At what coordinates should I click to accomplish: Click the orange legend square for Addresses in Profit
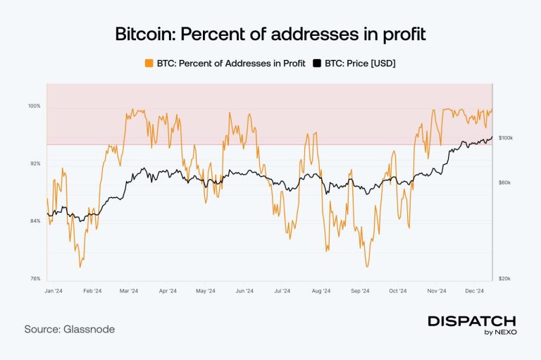point(149,63)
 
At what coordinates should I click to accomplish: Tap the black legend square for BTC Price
point(317,63)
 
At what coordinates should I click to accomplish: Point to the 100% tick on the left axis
point(35,106)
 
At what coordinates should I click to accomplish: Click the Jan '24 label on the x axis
point(54,290)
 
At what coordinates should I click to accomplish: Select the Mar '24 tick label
point(130,290)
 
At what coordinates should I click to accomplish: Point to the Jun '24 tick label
point(244,290)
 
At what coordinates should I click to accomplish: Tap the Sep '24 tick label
point(360,290)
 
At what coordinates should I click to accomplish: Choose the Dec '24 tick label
point(475,290)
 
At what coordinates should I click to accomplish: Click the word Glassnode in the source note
point(88,329)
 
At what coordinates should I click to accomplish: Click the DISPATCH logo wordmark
point(472,321)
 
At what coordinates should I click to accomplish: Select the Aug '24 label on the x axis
point(321,290)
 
